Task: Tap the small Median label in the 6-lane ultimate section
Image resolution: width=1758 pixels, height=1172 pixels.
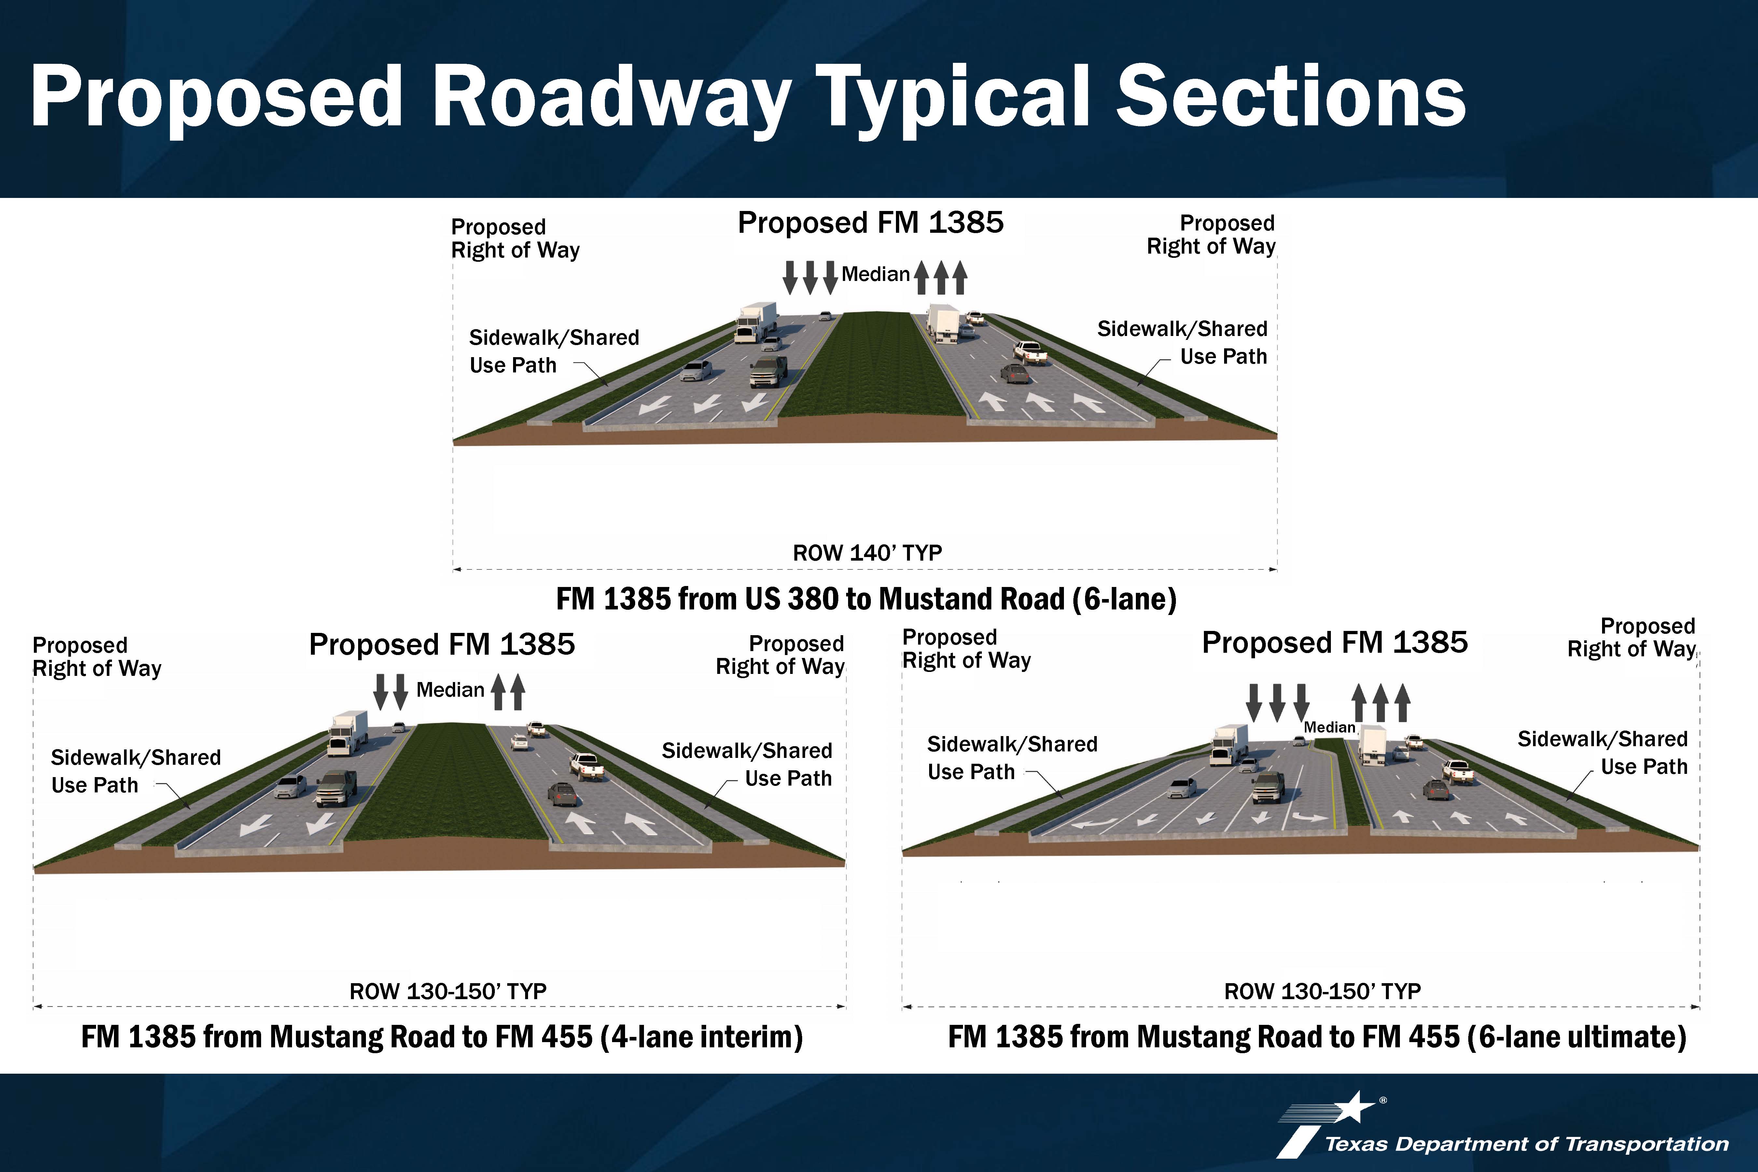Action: tap(1329, 727)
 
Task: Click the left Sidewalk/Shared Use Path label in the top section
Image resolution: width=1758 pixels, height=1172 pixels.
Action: tap(554, 351)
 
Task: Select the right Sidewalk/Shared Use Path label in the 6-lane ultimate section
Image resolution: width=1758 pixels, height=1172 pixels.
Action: tap(1602, 753)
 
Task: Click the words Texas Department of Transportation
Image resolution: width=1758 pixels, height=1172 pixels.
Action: tap(1526, 1144)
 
